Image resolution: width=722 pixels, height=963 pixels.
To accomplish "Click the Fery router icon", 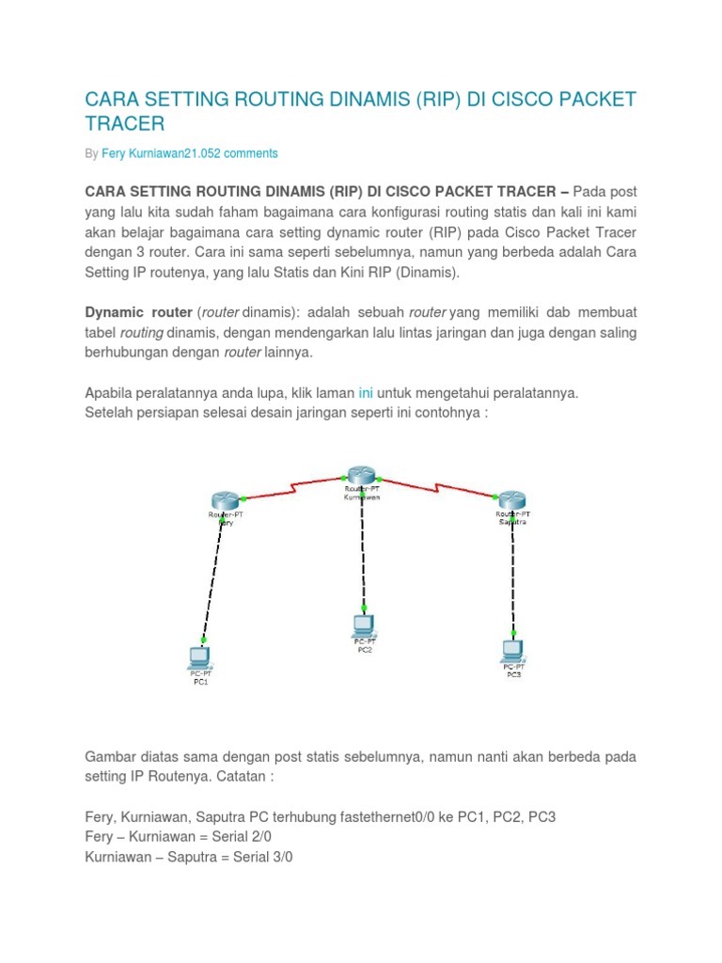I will tap(226, 500).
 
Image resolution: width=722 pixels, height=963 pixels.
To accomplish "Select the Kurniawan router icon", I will tap(360, 475).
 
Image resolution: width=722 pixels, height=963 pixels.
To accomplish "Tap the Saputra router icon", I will tap(512, 500).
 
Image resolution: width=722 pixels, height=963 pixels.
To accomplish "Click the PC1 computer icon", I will tap(199, 656).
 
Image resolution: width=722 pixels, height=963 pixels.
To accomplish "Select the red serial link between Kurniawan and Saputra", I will tap(436, 487).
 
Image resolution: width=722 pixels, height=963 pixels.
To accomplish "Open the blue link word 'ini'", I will tap(367, 393).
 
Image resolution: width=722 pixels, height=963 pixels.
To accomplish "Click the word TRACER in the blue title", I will tap(125, 123).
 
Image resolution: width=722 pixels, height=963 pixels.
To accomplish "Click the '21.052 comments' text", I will tap(239, 153).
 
